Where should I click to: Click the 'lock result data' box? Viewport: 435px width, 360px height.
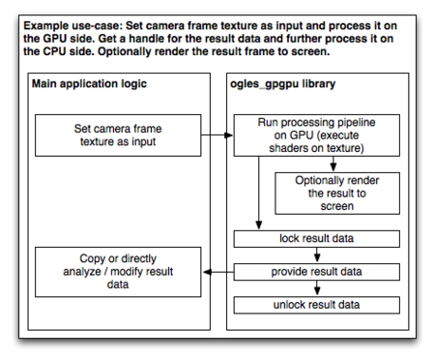pyautogui.click(x=317, y=239)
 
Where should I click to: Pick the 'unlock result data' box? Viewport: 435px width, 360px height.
pyautogui.click(x=317, y=306)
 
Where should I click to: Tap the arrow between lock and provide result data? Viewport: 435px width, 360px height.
pyautogui.click(x=317, y=256)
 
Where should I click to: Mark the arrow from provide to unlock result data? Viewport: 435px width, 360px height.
pyautogui.click(x=317, y=290)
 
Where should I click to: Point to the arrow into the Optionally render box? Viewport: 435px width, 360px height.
pyautogui.click(x=333, y=164)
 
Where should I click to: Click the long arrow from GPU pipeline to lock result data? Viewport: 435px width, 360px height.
pyautogui.click(x=259, y=194)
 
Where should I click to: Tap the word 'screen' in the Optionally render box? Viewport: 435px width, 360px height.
pyautogui.click(x=333, y=206)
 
